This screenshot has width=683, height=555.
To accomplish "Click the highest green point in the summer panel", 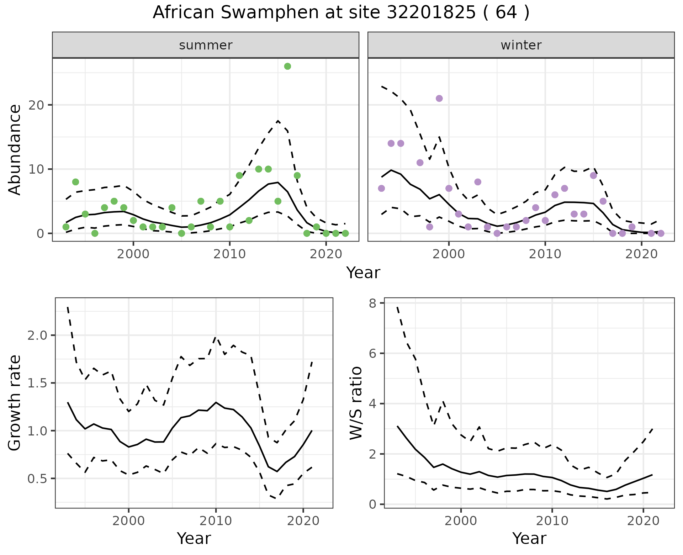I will [x=287, y=66].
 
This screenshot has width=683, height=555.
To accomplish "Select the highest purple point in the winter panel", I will [x=439, y=99].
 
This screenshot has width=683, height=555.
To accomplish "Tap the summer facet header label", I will [x=206, y=45].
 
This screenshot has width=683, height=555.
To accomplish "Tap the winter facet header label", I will [x=521, y=45].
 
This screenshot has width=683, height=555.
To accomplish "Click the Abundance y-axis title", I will [x=15, y=150].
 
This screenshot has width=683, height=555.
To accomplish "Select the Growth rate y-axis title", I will [x=15, y=403].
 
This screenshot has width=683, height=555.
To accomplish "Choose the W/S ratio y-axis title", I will [x=356, y=403].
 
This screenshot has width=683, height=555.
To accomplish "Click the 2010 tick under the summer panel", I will [x=229, y=254].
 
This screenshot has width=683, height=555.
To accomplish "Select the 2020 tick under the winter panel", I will [x=641, y=254].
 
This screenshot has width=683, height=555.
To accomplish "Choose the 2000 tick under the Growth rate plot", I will [x=128, y=521].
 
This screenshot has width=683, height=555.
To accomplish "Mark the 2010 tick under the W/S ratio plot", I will [x=552, y=521].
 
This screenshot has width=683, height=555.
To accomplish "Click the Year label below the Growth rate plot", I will [x=194, y=539].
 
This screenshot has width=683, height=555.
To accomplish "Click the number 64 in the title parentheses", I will [x=506, y=12].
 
